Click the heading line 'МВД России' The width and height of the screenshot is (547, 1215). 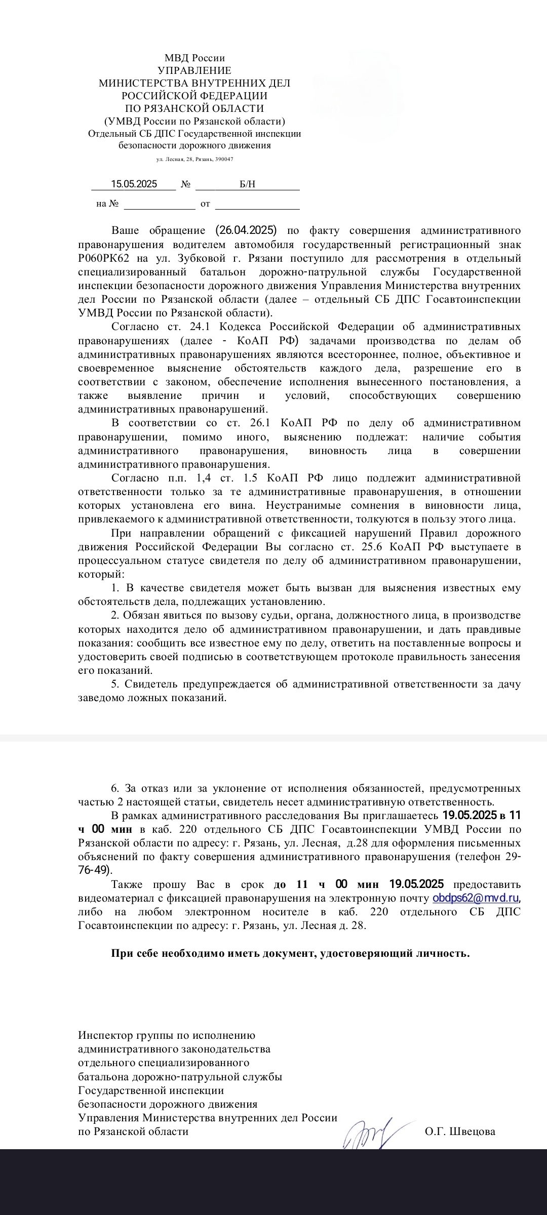pyautogui.click(x=194, y=58)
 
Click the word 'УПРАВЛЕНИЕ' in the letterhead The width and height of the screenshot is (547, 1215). pyautogui.click(x=194, y=70)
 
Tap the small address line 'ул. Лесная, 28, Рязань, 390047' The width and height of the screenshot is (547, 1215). pyautogui.click(x=194, y=159)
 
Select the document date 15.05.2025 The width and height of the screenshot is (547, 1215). pyautogui.click(x=134, y=184)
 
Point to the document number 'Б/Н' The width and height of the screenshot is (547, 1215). pyautogui.click(x=247, y=184)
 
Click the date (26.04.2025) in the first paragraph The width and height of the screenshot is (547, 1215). pyautogui.click(x=246, y=230)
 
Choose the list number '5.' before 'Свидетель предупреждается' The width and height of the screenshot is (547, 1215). pyautogui.click(x=116, y=684)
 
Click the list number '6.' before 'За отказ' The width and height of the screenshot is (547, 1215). pyautogui.click(x=116, y=788)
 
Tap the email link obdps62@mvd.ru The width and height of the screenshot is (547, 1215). pyautogui.click(x=476, y=899)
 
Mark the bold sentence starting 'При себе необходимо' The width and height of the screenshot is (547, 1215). pyautogui.click(x=291, y=954)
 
